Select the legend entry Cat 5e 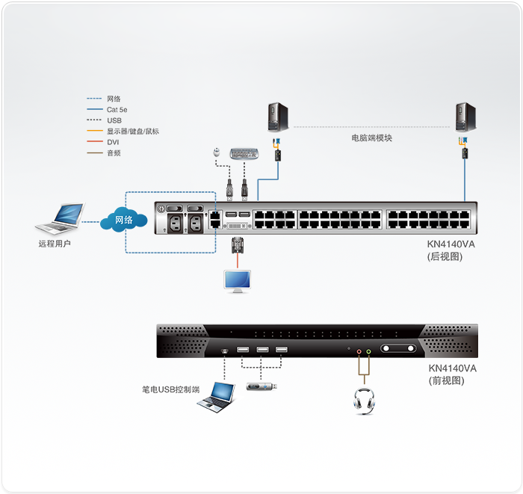[118, 110]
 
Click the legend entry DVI [113, 142]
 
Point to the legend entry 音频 [114, 153]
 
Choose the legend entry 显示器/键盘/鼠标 [132, 132]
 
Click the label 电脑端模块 [371, 138]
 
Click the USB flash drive [262, 387]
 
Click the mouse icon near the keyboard [216, 152]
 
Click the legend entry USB [114, 120]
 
